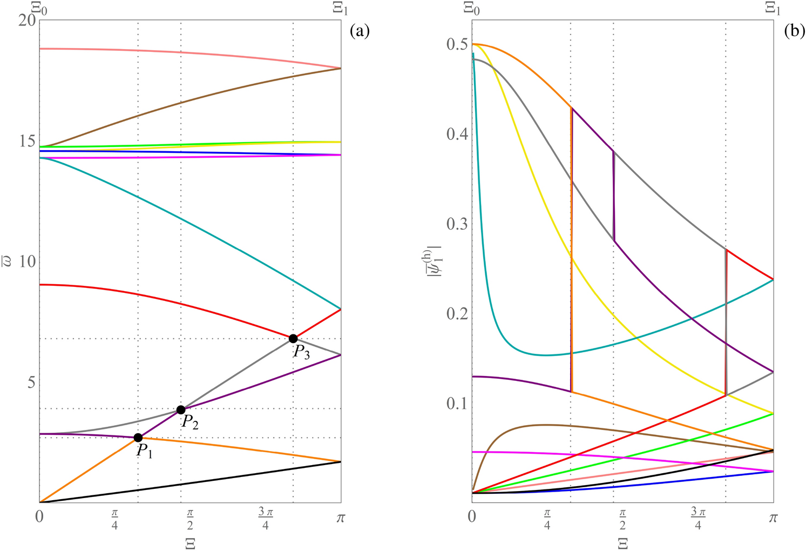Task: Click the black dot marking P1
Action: point(138,438)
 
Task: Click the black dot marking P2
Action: point(181,410)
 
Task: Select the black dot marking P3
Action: point(293,339)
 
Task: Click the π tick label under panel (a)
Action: point(341,518)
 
